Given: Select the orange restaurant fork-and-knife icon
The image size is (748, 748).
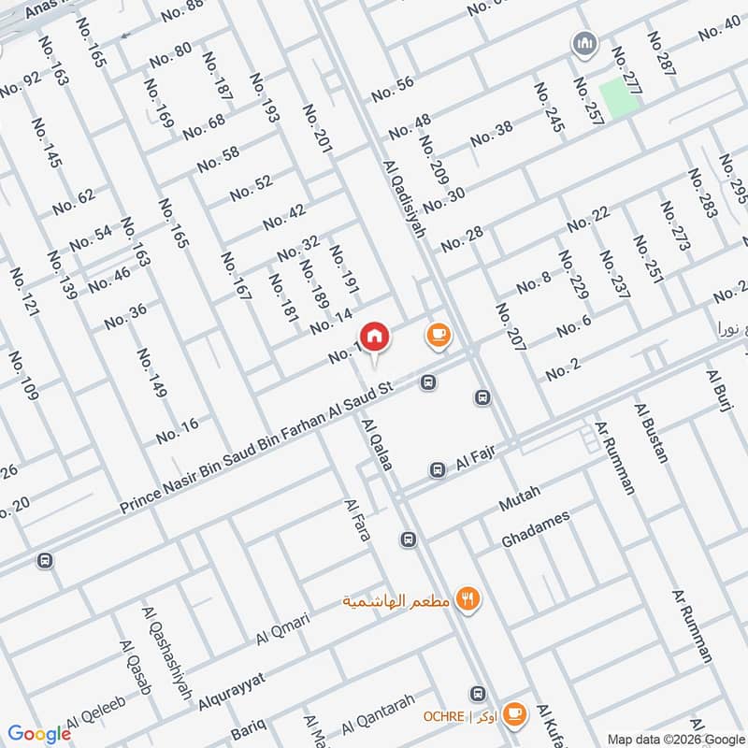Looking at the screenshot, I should coord(467,599).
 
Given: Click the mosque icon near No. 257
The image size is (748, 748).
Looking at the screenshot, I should coord(586,44).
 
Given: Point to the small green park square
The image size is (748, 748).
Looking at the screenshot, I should coord(618,98).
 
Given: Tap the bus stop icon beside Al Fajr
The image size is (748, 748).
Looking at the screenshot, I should coord(437,469).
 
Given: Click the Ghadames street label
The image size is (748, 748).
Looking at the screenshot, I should coord(535,530).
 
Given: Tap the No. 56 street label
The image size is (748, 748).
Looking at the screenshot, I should coord(393,89).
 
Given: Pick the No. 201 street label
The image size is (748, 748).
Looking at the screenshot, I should coord(317,129).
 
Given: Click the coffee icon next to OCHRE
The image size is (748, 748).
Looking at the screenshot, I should coord(513,714).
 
